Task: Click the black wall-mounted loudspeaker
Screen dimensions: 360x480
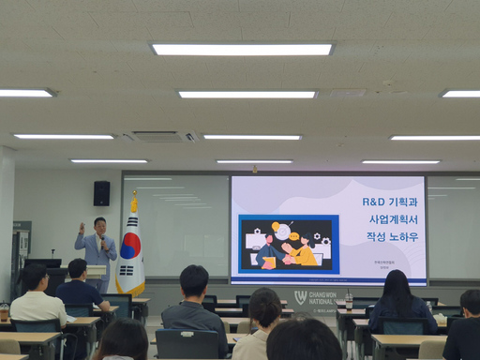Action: point(101,193)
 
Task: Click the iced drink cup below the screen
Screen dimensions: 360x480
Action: point(349,302)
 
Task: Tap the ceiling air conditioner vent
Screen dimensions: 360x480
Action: point(159,136)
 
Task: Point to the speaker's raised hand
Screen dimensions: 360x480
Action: point(82,228)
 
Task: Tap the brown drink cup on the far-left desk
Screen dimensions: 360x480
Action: point(4,311)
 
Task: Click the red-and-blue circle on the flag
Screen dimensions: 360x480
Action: point(131,247)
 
